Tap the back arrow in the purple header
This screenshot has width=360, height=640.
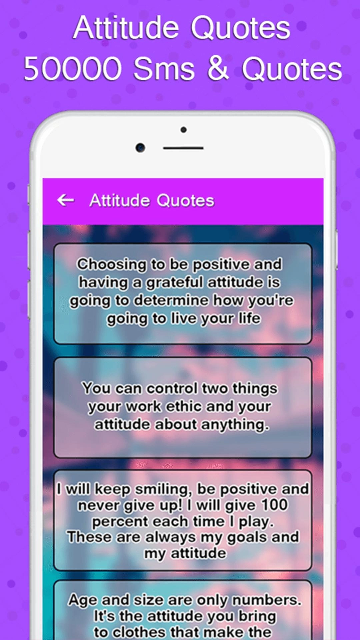pos(66,200)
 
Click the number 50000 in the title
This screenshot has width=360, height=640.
pos(73,69)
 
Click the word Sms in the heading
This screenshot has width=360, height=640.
pos(164,69)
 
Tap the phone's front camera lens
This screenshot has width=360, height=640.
pos(140,147)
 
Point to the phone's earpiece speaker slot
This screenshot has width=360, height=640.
pos(183,148)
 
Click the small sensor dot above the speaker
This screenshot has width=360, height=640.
pos(183,130)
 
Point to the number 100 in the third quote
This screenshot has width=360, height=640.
pos(274,505)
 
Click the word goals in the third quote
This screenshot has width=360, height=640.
pos(248,538)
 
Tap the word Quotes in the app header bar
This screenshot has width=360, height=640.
pos(185,201)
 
